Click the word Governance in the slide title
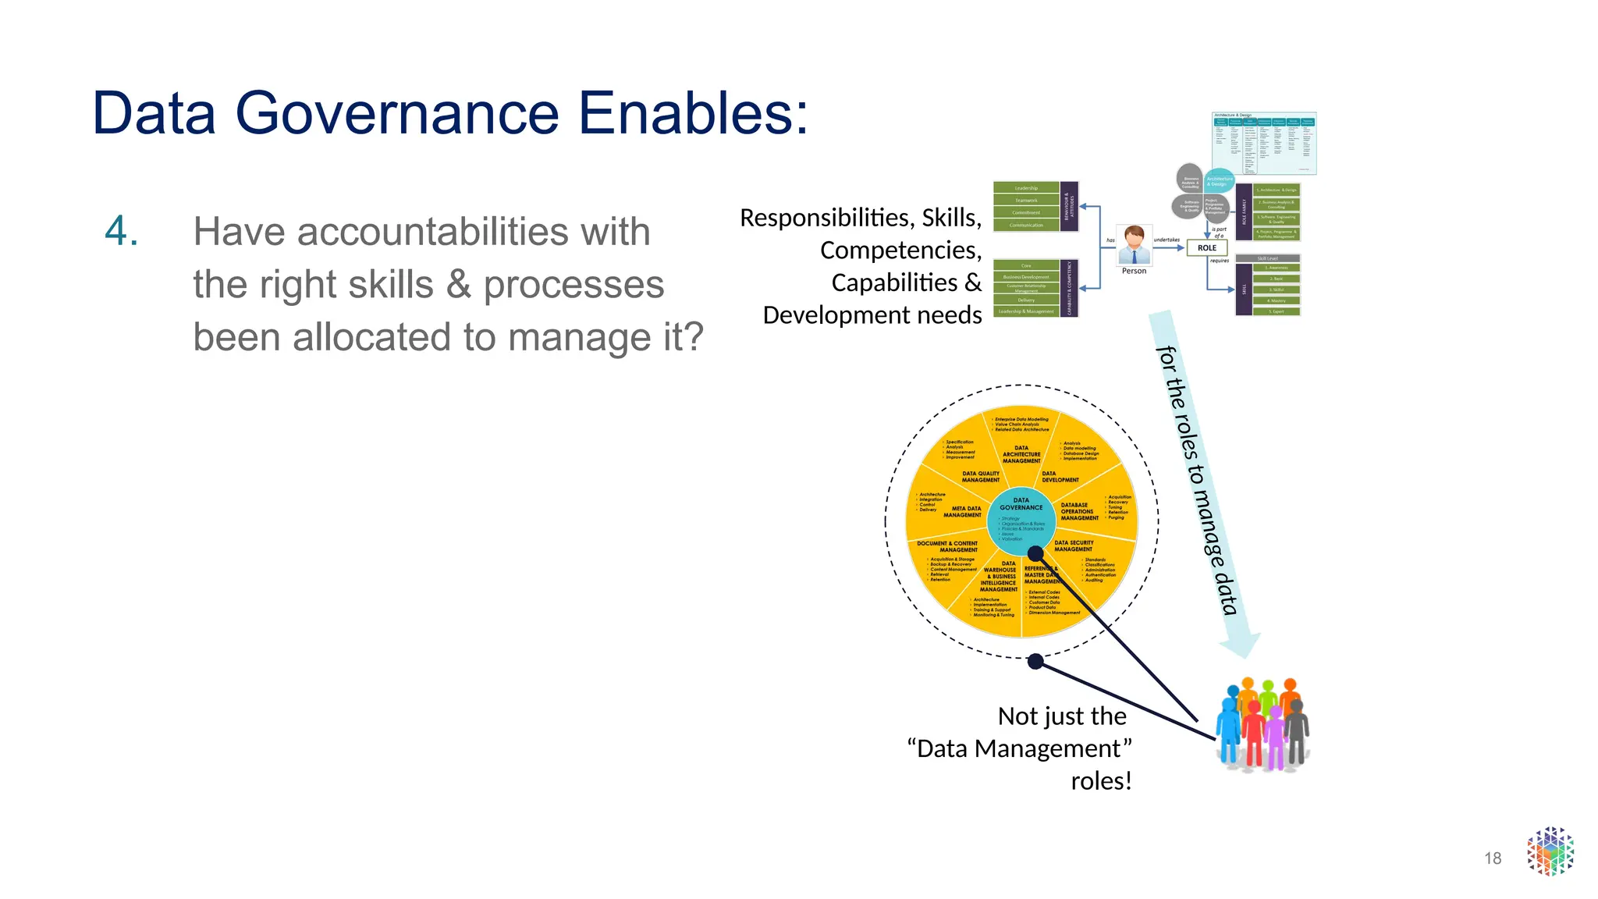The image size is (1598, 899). point(397,113)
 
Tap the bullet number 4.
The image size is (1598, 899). point(122,232)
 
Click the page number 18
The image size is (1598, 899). point(1493,858)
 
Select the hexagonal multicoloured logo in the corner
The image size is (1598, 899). point(1550,851)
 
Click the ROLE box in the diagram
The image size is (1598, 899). point(1206,248)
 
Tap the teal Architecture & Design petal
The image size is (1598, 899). point(1219,181)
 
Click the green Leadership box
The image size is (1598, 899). point(1026,188)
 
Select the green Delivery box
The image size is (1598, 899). point(1026,300)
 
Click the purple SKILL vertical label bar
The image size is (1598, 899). point(1244,290)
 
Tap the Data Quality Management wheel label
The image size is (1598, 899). point(980,477)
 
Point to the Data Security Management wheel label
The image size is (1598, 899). point(1074,545)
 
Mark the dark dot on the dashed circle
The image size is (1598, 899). point(1035,662)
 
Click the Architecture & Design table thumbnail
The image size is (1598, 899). point(1264,144)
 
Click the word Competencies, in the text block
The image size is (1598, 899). point(900,251)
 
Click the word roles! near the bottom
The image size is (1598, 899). point(1101,781)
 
